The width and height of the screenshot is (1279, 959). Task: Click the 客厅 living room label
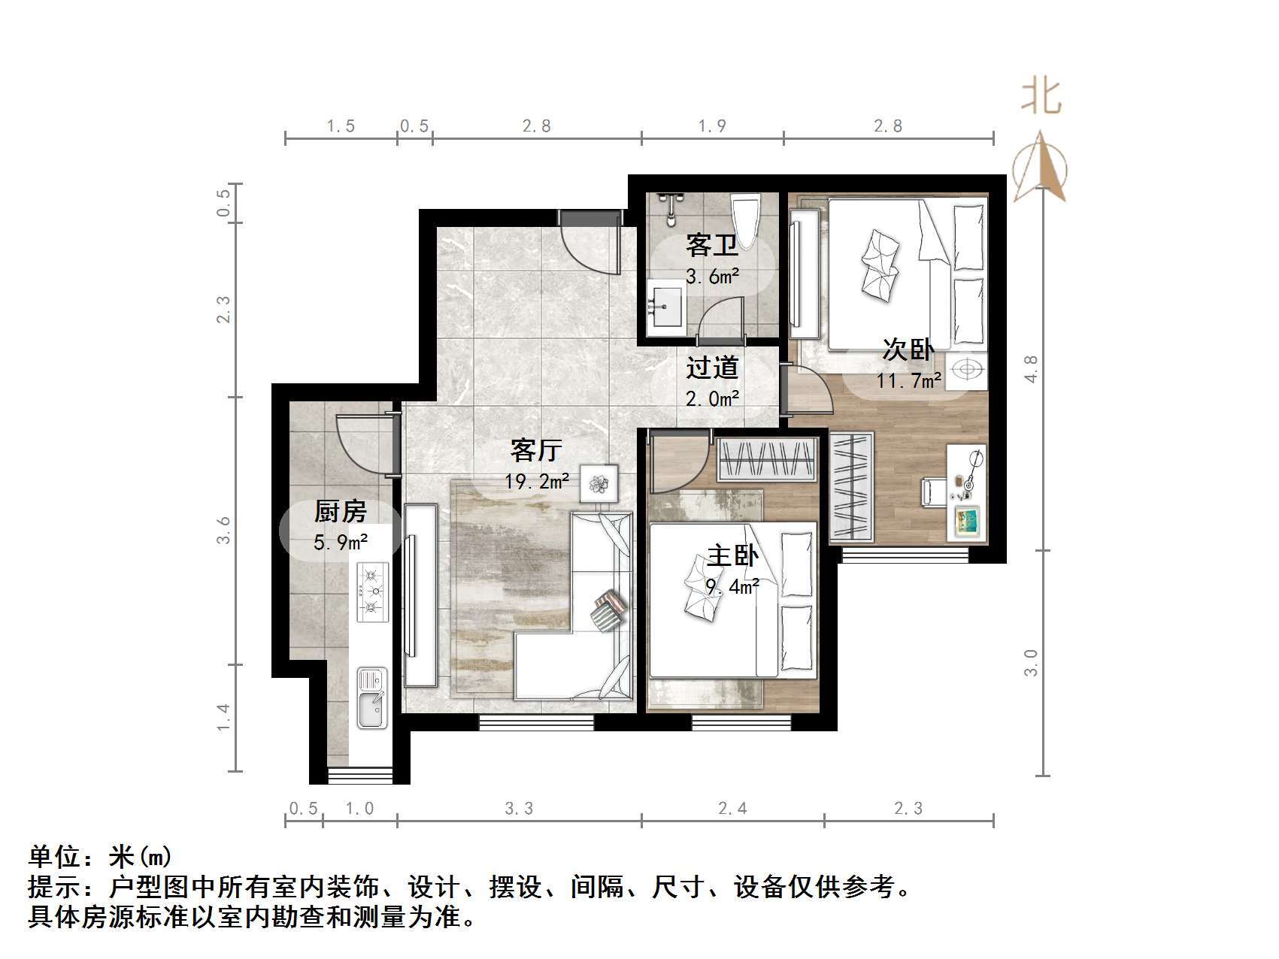(535, 450)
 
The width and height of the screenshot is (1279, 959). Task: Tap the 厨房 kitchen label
(340, 512)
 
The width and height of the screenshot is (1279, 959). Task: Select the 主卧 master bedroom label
(732, 556)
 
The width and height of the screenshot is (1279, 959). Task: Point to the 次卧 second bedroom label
(908, 350)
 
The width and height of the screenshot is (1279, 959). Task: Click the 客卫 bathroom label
(711, 246)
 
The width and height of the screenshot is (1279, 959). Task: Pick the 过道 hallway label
(711, 368)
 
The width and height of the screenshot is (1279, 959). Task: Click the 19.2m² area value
(536, 480)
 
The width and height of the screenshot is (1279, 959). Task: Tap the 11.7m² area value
(908, 380)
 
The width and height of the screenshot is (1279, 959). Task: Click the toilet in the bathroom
(747, 219)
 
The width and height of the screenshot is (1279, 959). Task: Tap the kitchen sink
(371, 698)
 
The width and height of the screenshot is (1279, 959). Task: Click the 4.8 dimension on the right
(1031, 368)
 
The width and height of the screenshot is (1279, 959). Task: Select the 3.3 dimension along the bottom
(519, 809)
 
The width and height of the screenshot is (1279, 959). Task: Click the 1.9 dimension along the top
(711, 126)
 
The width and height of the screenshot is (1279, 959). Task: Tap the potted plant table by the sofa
(599, 483)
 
